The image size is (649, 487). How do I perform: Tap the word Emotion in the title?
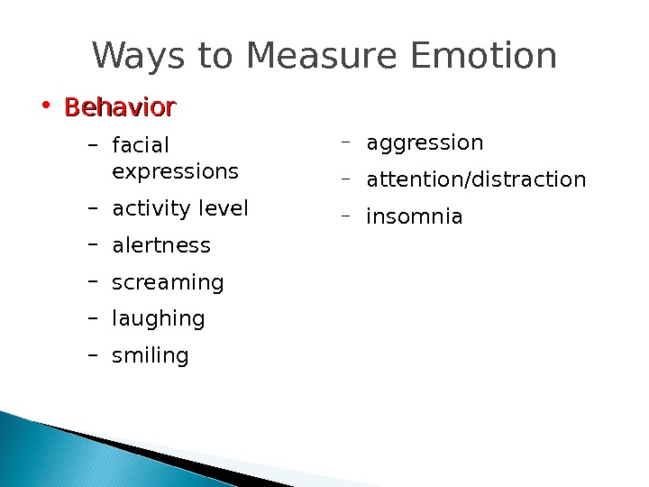point(484,56)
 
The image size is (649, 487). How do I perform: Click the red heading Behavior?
point(120,108)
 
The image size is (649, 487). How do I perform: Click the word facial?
point(141,145)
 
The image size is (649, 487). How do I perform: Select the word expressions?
point(176,171)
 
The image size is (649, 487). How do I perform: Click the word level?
point(224,209)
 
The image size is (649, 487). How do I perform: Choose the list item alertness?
point(161,246)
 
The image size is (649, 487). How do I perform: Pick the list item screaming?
point(168,283)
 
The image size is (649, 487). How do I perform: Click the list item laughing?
point(159,319)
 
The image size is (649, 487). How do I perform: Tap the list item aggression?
point(425,143)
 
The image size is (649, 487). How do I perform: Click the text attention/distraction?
point(476,180)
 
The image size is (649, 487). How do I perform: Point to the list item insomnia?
point(415,217)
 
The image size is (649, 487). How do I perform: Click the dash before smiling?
point(92,355)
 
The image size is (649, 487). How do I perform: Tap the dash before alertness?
point(92,244)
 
